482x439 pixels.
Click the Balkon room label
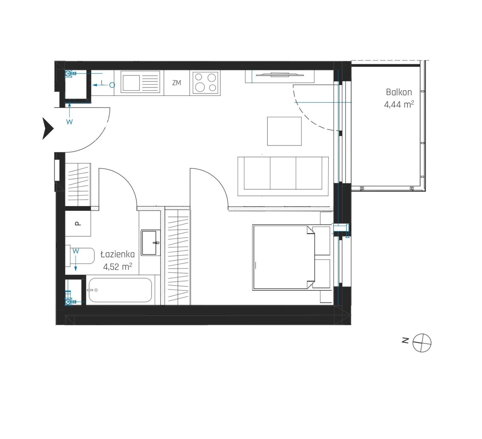[x=399, y=92]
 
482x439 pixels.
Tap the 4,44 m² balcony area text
[x=399, y=104]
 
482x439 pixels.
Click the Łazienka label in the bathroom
[x=117, y=255]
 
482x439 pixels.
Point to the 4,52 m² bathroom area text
[x=117, y=267]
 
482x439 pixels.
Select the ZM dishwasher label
[x=177, y=83]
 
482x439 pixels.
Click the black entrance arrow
[x=48, y=128]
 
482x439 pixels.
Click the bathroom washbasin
[x=151, y=243]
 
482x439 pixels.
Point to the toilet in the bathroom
[x=80, y=256]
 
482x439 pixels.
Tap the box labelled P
[x=78, y=224]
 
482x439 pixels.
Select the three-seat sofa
[x=283, y=176]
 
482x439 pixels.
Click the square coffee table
[x=284, y=131]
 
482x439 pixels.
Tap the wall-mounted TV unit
[x=280, y=76]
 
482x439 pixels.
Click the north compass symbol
[x=422, y=343]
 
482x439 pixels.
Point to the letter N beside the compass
[x=405, y=340]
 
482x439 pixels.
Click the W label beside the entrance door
[x=70, y=122]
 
